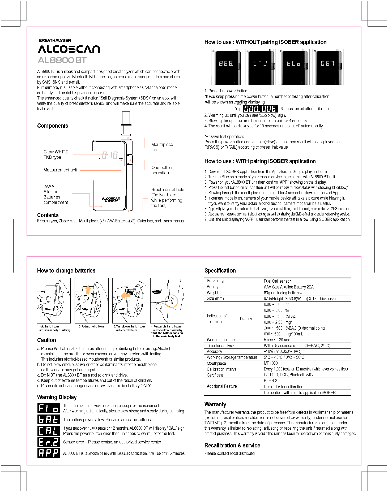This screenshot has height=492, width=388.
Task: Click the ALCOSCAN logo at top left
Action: pos(69,49)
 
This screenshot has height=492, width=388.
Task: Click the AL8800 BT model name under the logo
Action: pos(62,60)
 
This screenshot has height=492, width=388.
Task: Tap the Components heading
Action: pos(53,126)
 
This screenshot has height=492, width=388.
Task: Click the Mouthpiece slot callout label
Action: pos(162,147)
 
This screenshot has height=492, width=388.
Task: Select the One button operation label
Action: pos(161,170)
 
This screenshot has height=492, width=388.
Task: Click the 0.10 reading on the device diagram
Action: pos(110,155)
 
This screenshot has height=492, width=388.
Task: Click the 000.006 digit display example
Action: pos(260,109)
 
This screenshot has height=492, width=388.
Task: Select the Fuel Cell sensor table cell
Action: pos(277,281)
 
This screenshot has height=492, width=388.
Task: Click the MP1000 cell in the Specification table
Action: pos(271,363)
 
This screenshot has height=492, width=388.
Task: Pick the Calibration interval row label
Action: pos(222,369)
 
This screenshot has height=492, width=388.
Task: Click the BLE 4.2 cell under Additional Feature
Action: pos(270,381)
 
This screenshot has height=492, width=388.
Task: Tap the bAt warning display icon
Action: pos(49,420)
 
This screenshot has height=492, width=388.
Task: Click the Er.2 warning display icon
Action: pos(49,442)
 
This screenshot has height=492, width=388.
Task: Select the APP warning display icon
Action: pos(49,453)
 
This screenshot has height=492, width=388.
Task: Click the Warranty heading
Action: pos(215,404)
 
